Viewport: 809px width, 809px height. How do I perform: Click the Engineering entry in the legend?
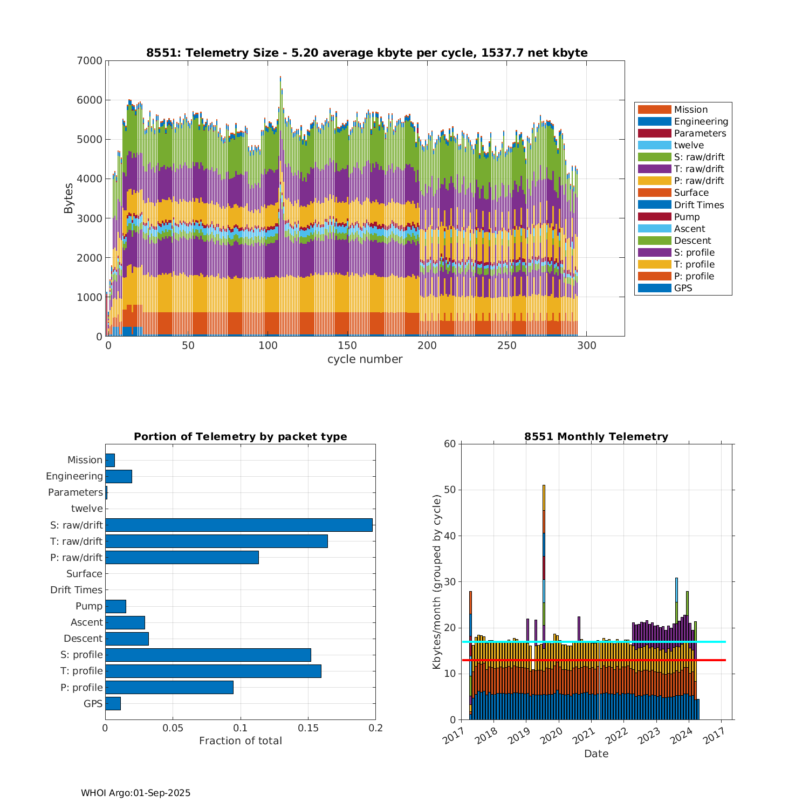pos(701,121)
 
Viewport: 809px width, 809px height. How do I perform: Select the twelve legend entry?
pos(689,145)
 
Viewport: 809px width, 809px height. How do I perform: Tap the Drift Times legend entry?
pos(698,205)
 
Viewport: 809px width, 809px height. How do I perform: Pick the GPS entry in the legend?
pos(683,288)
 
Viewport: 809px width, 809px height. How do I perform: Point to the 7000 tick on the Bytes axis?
pos(91,61)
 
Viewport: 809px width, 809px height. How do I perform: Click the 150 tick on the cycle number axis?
pos(347,346)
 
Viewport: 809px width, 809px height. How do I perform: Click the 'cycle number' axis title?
pos(365,359)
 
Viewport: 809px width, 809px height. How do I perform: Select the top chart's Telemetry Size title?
pos(367,53)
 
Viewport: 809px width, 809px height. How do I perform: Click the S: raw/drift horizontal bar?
pos(238,525)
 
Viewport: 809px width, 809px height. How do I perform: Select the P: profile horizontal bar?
pos(169,687)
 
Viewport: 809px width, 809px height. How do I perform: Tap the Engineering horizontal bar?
pos(119,476)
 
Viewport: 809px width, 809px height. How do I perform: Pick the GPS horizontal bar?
pos(113,703)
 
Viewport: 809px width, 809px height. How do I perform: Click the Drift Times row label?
pos(76,590)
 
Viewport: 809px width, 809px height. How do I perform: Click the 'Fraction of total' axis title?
pos(241,741)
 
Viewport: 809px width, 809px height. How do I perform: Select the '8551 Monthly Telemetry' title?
pos(596,437)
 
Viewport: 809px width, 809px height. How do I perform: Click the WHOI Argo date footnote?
pos(135,793)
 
